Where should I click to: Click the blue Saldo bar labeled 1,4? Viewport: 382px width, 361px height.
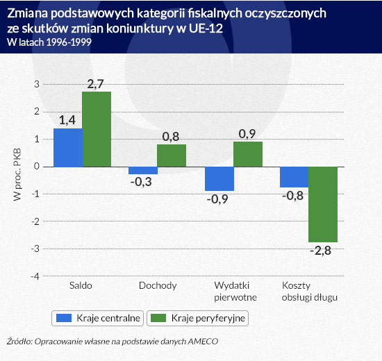click(68, 148)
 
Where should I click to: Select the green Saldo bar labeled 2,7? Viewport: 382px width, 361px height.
click(97, 129)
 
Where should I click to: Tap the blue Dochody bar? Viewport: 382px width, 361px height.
click(143, 171)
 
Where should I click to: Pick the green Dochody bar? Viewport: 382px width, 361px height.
click(172, 156)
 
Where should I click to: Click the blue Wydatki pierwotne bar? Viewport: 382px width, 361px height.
click(219, 179)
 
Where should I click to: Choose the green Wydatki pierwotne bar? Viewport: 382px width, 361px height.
click(248, 154)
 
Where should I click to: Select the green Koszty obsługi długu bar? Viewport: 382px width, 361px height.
click(323, 204)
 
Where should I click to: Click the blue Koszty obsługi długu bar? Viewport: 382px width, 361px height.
click(294, 177)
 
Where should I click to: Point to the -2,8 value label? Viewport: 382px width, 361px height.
click(321, 251)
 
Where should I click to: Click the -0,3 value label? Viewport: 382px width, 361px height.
click(141, 182)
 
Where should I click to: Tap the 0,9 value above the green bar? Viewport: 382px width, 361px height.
click(247, 134)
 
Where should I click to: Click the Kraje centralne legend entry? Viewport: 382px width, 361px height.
click(97, 318)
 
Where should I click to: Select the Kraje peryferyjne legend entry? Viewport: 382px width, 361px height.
click(197, 318)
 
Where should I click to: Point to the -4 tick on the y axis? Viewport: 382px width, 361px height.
click(35, 276)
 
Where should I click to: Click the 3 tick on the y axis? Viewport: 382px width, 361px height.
click(37, 84)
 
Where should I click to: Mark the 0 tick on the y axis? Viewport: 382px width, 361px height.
click(37, 167)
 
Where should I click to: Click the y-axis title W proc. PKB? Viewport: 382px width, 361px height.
click(17, 174)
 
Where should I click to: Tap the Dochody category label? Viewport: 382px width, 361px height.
click(158, 285)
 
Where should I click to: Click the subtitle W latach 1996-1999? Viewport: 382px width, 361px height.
click(49, 42)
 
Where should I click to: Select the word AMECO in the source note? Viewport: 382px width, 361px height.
click(203, 342)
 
